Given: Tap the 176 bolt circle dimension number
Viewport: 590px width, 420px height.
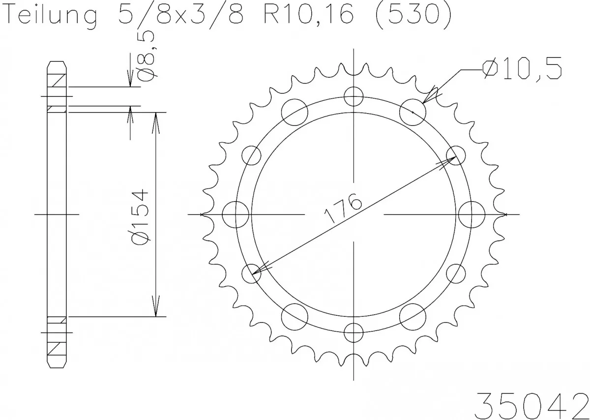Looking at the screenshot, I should pos(343,209).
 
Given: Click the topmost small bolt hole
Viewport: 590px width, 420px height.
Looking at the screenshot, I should pos(353,96).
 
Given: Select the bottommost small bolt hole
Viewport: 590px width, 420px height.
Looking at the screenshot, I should pos(353,333).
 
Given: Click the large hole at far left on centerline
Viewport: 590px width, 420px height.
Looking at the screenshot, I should pos(235,214).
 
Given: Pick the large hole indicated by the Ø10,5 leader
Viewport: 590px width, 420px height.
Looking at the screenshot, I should pos(413,112).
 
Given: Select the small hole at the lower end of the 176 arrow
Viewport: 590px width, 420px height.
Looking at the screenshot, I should pos(252,273).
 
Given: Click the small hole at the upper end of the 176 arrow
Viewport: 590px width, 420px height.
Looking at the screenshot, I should pos(455,156).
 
